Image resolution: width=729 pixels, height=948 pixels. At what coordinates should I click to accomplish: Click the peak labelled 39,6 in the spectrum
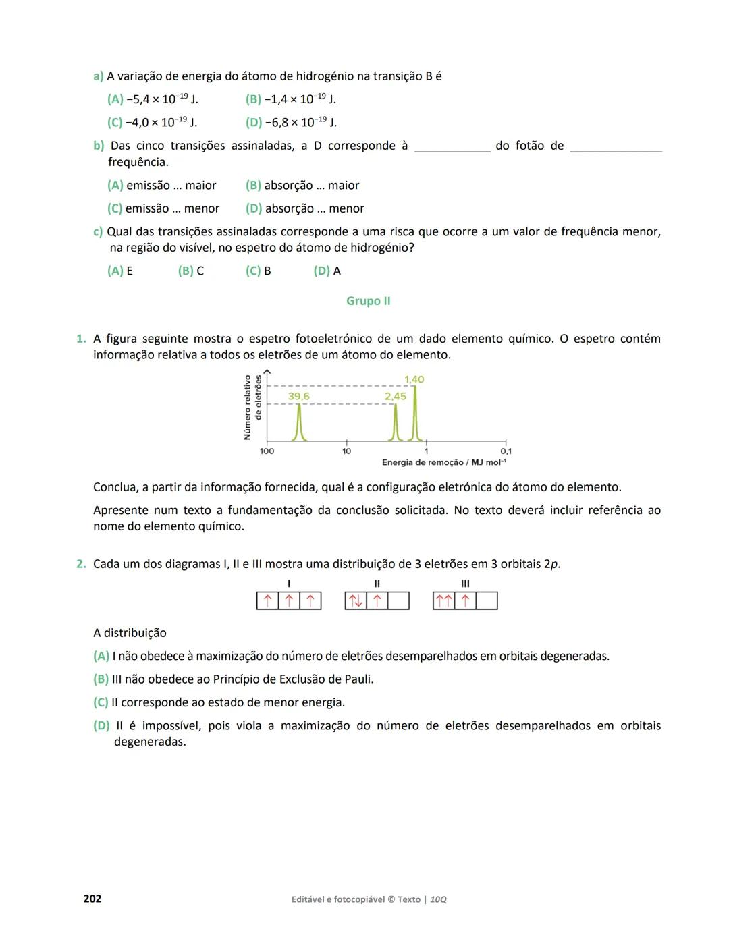[x=299, y=423]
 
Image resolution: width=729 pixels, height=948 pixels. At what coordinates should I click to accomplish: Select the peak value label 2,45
[x=396, y=397]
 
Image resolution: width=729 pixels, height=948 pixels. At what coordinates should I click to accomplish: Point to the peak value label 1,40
[x=414, y=379]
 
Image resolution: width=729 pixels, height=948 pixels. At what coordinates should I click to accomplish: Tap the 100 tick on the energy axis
[x=267, y=451]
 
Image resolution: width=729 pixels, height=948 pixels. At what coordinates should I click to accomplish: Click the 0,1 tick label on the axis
[x=506, y=451]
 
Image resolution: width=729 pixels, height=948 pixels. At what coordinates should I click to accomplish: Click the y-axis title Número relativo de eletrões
[x=252, y=408]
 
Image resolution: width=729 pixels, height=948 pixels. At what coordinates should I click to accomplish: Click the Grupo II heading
[x=368, y=301]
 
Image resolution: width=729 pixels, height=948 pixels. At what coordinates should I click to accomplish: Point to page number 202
[x=92, y=899]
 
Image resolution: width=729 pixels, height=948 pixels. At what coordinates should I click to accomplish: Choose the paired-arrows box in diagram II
[x=356, y=601]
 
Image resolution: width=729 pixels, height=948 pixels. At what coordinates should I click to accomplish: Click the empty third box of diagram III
[x=487, y=601]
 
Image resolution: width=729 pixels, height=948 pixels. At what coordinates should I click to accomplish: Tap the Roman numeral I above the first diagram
[x=289, y=584]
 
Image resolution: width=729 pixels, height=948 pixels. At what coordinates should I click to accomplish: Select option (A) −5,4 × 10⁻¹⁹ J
[x=153, y=99]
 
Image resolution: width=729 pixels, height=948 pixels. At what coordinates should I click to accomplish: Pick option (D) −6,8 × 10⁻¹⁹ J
[x=291, y=122]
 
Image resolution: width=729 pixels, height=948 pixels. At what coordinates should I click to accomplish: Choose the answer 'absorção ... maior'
[x=302, y=185]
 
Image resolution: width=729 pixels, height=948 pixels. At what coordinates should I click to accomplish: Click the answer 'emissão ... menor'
[x=163, y=208]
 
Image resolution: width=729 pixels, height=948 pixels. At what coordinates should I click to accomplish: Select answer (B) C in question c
[x=191, y=271]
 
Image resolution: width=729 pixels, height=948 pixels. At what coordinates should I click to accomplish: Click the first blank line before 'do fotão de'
[x=452, y=147]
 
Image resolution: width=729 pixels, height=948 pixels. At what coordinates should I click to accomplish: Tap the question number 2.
[x=81, y=564]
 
